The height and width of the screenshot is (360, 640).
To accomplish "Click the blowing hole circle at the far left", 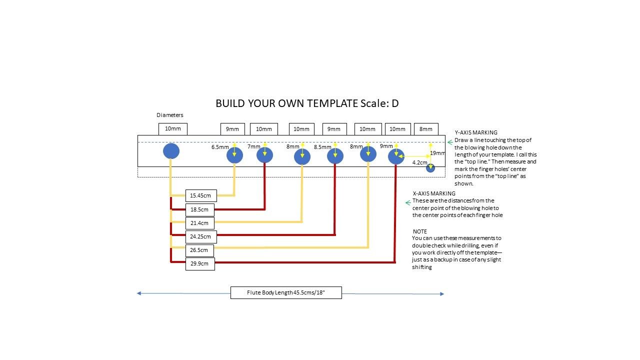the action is pos(171,151).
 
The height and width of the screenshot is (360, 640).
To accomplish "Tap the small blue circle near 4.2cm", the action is pos(430,168).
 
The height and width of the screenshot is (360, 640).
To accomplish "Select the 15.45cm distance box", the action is pos(201,195).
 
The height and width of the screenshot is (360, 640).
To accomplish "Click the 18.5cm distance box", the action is pos(200,209).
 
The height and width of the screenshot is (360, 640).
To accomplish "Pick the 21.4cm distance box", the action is pos(200,223).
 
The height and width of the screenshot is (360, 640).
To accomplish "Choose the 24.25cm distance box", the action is pos(201,237).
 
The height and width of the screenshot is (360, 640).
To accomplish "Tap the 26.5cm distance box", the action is pos(199,250).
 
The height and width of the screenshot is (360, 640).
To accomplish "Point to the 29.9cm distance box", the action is pos(200,263).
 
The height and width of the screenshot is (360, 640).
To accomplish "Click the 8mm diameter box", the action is pos(426,129).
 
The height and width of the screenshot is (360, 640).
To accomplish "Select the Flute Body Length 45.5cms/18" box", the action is pos(286,292).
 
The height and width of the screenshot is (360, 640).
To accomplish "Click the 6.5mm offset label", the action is pos(220,147).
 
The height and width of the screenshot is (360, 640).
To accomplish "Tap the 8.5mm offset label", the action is pos(322,147).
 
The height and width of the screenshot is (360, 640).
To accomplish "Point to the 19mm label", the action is pos(437,153).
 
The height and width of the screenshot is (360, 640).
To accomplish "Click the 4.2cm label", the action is pos(419,162).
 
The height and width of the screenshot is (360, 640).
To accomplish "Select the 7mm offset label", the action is pos(253,146).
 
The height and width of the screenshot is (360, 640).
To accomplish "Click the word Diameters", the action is pos(169,115).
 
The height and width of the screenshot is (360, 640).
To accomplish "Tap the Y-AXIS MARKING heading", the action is pos(476,132).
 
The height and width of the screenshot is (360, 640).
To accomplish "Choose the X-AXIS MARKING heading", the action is pos(434,193).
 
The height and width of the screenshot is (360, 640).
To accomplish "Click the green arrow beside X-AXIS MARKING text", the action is pos(408,203).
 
